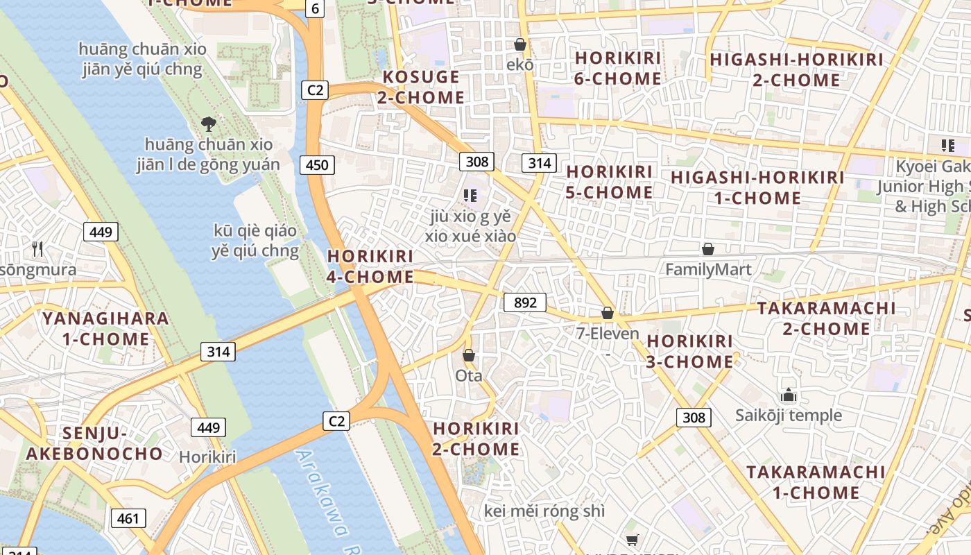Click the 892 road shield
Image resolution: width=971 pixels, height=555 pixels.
click(525, 302)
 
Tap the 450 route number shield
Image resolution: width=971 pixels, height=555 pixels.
click(317, 164)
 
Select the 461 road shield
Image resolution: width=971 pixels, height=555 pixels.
click(128, 518)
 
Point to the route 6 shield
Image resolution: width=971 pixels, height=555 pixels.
click(316, 8)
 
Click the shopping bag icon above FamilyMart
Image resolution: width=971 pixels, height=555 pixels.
click(708, 248)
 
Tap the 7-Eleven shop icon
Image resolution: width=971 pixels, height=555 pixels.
click(608, 313)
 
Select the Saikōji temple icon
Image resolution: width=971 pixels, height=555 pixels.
click(788, 395)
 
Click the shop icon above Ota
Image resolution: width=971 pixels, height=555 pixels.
click(469, 355)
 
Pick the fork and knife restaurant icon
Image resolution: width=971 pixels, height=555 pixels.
click(37, 248)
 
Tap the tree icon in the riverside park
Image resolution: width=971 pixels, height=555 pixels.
click(208, 124)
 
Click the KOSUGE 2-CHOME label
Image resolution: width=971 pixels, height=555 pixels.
click(421, 87)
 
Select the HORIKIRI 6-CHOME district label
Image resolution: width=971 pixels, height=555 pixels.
click(617, 68)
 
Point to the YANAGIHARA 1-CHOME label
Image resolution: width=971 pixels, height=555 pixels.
click(105, 329)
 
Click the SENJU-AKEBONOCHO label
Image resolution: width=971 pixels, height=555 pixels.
click(94, 443)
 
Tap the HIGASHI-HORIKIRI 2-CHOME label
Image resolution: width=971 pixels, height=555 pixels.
click(796, 69)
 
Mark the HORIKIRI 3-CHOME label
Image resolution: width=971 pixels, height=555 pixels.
click(689, 351)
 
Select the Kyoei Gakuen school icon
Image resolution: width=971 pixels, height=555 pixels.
click(947, 146)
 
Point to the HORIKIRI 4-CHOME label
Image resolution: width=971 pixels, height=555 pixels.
click(370, 266)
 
